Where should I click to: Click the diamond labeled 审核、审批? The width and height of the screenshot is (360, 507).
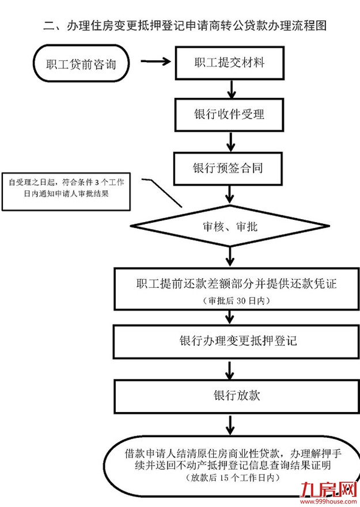230,227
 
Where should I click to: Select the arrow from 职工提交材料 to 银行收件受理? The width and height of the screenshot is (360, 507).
231,89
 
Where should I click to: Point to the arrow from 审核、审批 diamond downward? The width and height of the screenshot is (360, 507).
231,257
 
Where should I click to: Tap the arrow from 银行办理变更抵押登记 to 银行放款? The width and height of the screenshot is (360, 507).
231,369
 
